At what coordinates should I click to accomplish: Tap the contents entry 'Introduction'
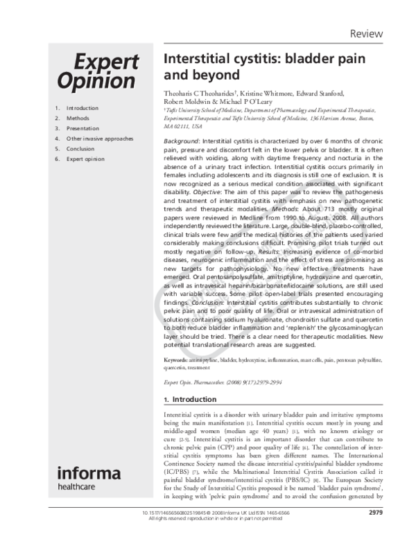83,108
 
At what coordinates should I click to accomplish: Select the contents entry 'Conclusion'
80,148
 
